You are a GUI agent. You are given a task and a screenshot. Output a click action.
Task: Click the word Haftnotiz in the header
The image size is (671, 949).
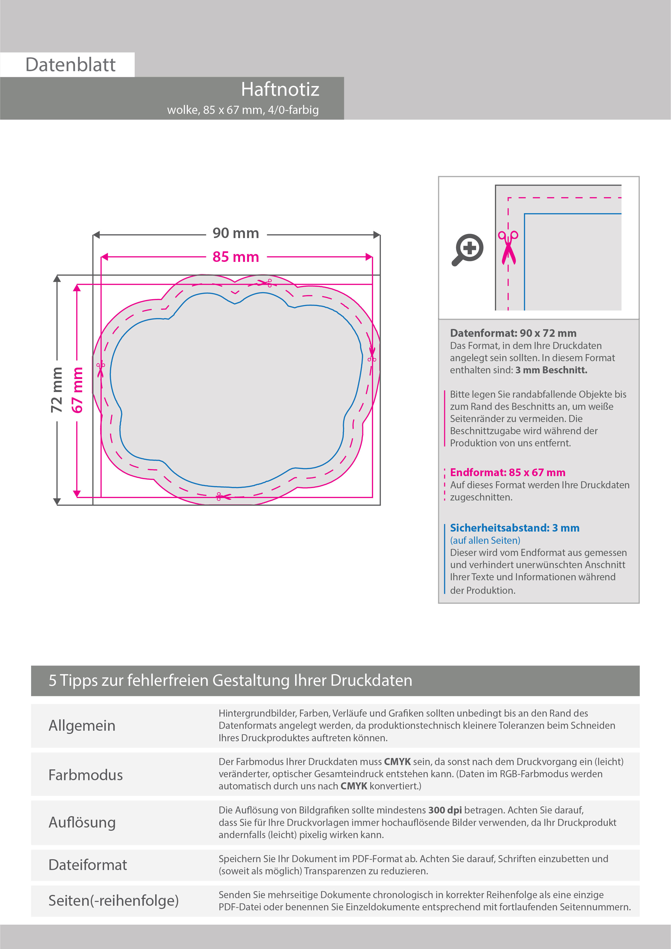point(280,89)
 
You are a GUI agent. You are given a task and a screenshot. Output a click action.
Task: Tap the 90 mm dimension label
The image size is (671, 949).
point(235,233)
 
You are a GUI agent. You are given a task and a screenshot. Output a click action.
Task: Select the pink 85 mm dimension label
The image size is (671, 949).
point(235,257)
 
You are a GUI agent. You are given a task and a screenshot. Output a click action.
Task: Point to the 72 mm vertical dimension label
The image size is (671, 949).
point(57,390)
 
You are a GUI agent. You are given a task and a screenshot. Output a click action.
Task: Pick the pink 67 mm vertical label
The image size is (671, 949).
point(77,390)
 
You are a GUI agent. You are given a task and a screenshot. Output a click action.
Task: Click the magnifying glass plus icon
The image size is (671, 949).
point(468,249)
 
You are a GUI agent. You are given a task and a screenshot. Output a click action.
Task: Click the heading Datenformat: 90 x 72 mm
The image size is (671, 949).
point(513,333)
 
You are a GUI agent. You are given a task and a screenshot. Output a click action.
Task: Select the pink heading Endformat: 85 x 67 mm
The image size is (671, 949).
point(507,472)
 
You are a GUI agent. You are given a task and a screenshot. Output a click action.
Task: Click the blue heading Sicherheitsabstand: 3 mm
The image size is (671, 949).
point(514,528)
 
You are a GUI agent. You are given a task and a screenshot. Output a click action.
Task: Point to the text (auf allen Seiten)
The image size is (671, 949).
point(485,540)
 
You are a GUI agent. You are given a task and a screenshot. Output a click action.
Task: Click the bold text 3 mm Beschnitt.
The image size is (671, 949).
point(551,370)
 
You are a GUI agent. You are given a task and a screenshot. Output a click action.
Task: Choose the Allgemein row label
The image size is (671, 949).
point(82,725)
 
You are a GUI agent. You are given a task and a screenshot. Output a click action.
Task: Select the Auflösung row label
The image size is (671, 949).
point(82,822)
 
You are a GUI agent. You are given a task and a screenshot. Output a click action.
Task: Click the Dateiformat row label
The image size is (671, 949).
point(88,865)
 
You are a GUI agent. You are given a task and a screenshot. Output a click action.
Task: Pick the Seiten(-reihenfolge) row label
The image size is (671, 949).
point(113,900)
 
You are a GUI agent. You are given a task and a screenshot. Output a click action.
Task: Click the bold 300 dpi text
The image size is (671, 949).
point(445,810)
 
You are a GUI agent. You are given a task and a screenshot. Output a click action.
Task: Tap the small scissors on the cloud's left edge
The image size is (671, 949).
point(100,369)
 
